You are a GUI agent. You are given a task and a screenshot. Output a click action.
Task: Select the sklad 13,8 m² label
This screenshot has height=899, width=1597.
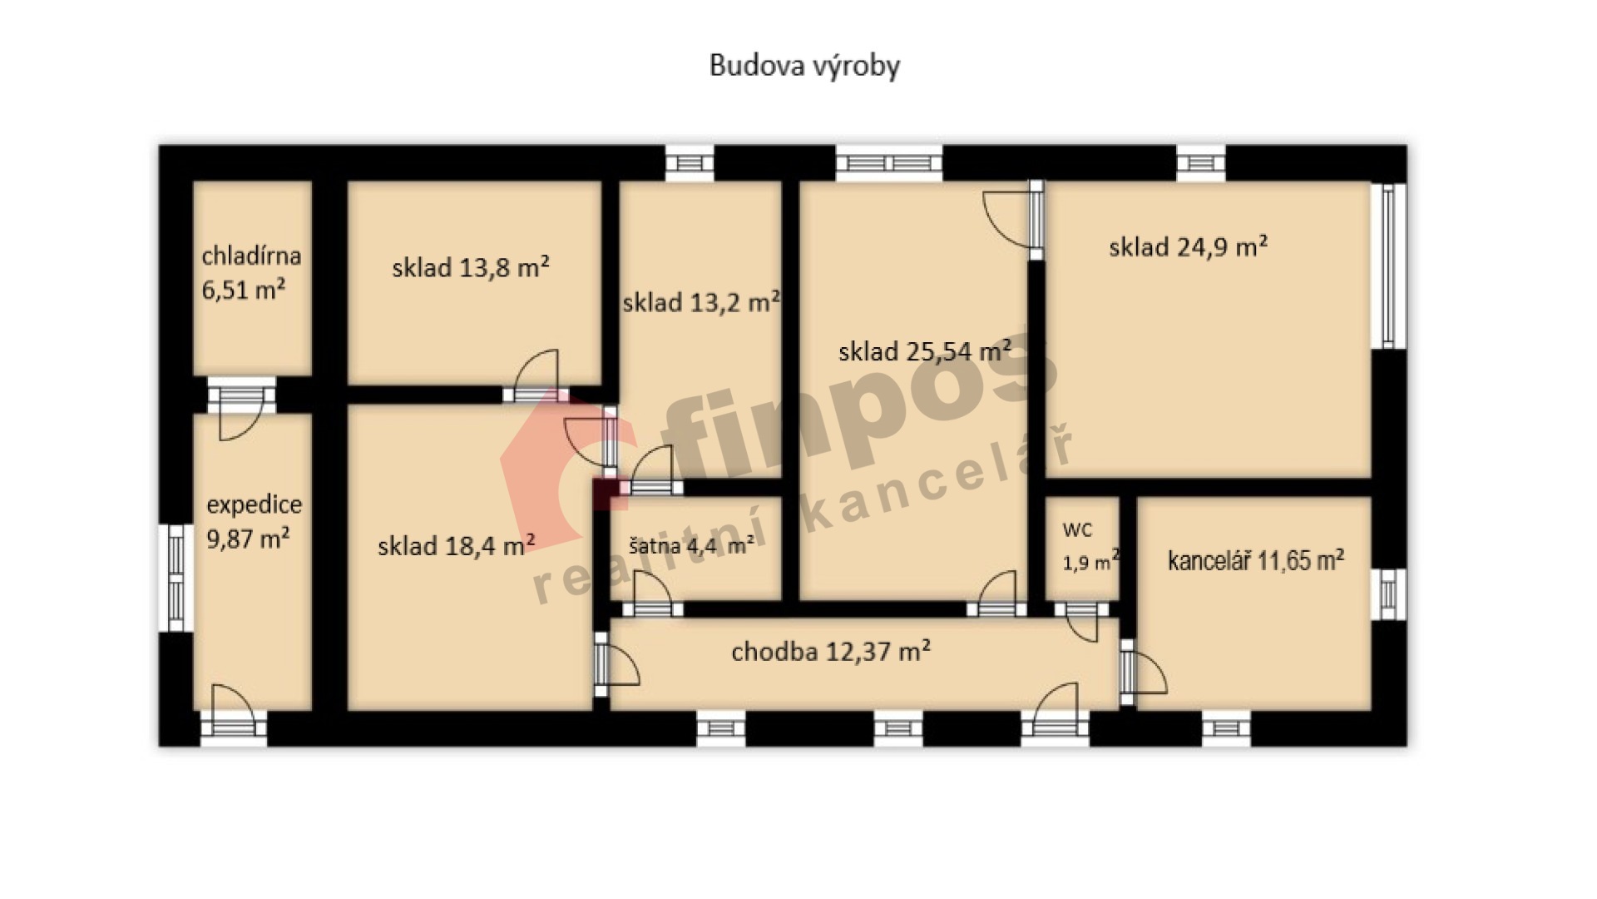[x=470, y=267]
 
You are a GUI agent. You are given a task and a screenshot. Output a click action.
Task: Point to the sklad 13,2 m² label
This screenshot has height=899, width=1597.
[x=701, y=301]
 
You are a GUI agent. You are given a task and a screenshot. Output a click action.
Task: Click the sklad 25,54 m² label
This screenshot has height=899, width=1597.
[x=925, y=350]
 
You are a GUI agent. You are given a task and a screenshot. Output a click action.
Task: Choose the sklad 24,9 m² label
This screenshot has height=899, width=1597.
[x=1188, y=246]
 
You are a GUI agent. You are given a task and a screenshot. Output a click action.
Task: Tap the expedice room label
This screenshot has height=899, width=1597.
[x=254, y=504]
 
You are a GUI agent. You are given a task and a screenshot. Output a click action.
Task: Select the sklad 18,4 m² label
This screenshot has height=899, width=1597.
[x=456, y=546]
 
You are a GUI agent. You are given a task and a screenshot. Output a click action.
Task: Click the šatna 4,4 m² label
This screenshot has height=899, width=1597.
[x=691, y=546]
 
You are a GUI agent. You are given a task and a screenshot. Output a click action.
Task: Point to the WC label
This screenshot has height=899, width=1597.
[x=1077, y=530]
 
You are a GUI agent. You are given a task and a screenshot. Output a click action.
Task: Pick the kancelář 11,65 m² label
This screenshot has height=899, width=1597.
[x=1256, y=560]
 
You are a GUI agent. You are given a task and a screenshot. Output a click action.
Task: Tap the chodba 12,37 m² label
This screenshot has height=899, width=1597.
[x=831, y=651]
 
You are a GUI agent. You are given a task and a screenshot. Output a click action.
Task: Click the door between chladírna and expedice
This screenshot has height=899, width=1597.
[x=241, y=407]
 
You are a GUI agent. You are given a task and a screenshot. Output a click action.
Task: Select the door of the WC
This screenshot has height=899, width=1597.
[x=1081, y=620]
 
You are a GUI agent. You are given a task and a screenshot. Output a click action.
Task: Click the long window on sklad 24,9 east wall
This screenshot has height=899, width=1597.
[x=1389, y=265]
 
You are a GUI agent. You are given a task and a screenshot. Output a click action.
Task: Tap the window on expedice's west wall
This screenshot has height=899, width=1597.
[x=176, y=577]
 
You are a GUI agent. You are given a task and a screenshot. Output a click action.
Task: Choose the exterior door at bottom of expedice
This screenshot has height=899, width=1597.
[x=234, y=713]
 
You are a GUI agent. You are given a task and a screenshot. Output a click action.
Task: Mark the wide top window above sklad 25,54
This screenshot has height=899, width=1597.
[x=889, y=162]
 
